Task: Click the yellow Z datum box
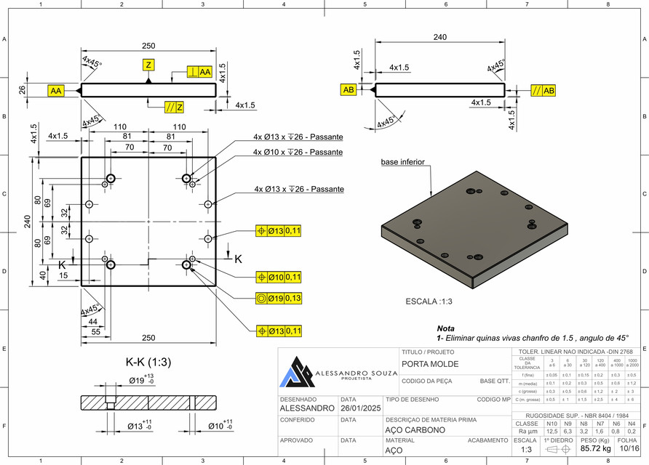coord(148,65)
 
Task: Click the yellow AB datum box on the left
coord(349,90)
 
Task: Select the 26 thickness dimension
coord(22,90)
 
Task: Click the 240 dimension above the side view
coord(440,37)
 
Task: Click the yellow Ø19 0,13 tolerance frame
coord(280,299)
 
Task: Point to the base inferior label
coord(403,162)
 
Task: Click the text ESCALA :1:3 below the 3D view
coord(429,301)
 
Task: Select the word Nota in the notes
coord(445,328)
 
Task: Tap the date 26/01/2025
coord(361,408)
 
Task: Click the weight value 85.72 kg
coord(595,449)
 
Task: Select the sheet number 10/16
coord(626,449)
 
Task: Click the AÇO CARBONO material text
coord(415,429)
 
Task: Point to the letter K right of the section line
coord(238,257)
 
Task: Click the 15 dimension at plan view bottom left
coord(64,275)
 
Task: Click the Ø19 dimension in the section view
coord(137,380)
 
